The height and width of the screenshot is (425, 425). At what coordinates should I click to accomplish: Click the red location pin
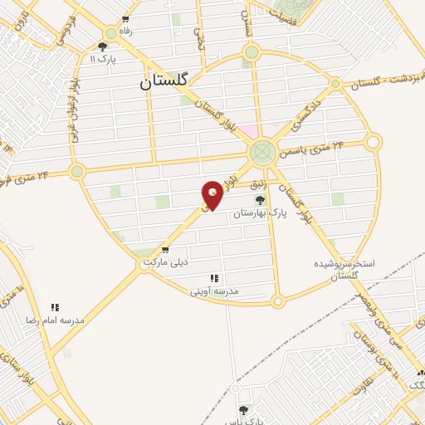(x=212, y=194)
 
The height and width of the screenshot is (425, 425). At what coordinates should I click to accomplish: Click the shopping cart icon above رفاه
(x=125, y=19)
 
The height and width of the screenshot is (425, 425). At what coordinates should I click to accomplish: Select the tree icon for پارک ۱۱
(x=102, y=46)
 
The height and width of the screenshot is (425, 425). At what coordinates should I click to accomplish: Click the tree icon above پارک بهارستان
(x=260, y=200)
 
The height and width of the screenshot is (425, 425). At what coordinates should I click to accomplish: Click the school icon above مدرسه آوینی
(x=214, y=279)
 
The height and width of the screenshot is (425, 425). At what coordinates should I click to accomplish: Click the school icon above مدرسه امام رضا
(x=56, y=307)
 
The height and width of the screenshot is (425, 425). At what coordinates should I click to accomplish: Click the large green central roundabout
(x=262, y=152)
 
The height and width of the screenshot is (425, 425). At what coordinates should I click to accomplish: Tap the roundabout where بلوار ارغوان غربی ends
(x=77, y=172)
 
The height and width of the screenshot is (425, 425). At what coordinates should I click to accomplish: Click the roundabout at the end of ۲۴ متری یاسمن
(x=374, y=142)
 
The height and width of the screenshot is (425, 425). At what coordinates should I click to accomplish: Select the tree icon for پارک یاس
(x=243, y=410)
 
